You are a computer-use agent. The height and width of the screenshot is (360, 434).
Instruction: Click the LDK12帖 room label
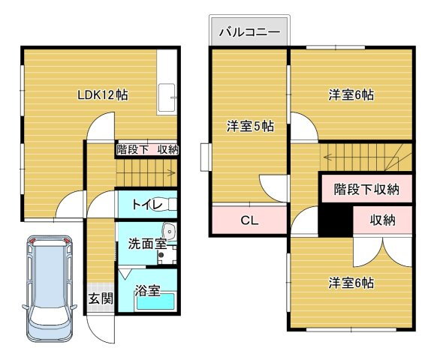[x=102, y=95]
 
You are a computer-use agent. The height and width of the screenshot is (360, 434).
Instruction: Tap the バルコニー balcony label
[x=249, y=32]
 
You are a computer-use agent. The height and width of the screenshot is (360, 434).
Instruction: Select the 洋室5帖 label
[x=251, y=126]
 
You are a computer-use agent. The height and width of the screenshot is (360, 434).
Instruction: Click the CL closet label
[x=249, y=220]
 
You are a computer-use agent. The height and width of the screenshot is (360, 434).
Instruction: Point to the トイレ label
[x=146, y=205]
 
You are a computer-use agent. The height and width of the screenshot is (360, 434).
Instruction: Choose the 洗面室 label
[x=147, y=244]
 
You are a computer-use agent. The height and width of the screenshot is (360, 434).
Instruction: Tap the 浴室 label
[x=147, y=290]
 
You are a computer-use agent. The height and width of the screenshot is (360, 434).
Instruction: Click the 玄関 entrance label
[x=101, y=298]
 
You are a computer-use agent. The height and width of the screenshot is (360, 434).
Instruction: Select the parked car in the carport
[x=50, y=289]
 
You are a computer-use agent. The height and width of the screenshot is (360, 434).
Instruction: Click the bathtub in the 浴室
[x=156, y=301]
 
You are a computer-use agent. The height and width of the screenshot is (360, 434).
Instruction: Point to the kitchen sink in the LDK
[x=167, y=97]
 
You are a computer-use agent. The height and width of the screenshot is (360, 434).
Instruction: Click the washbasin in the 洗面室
[x=169, y=230]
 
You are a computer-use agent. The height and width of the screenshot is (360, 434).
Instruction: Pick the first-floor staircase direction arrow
[x=170, y=173]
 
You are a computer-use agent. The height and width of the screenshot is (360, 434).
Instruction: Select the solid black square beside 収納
[x=336, y=220]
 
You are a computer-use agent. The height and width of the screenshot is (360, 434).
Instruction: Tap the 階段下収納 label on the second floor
[x=366, y=190]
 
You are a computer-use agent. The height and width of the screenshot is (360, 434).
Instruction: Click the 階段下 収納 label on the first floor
[x=147, y=149]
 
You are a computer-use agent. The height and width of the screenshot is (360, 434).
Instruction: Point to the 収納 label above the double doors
[x=383, y=220]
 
